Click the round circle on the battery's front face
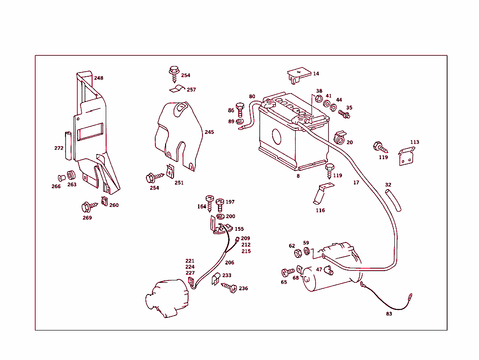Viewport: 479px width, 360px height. [276, 137]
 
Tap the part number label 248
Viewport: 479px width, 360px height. [99, 78]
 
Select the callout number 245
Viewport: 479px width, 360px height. [209, 132]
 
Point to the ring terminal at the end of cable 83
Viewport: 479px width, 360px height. [410, 296]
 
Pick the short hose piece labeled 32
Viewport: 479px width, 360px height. [393, 201]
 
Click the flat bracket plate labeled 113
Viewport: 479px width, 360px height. [406, 156]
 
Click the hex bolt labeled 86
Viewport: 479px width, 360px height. [240, 110]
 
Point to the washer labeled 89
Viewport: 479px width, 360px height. [241, 122]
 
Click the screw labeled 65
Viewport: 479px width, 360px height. [288, 272]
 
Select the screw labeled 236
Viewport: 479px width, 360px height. [230, 287]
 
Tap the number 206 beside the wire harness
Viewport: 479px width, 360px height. [229, 263]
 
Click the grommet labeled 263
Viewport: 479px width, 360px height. [72, 176]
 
